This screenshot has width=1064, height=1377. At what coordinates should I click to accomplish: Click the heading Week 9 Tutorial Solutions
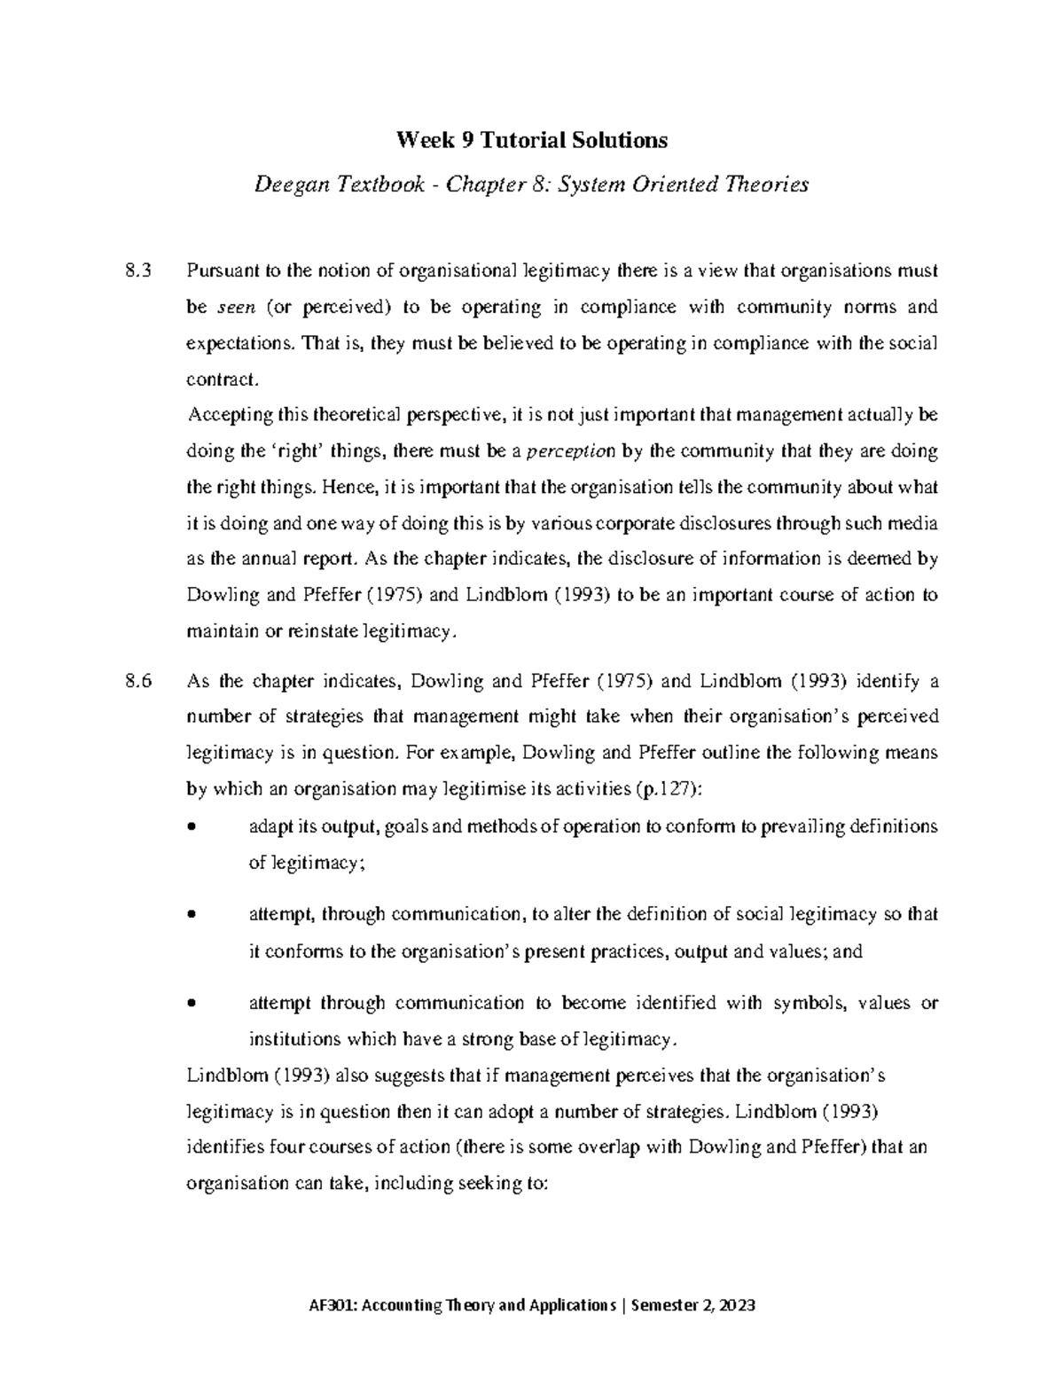point(531,140)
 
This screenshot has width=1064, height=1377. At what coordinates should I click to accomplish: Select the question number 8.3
point(140,271)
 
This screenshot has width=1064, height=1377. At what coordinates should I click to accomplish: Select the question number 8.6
point(140,681)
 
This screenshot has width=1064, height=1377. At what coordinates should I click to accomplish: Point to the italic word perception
point(569,451)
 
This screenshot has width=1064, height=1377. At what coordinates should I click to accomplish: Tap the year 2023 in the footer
point(737,1305)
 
